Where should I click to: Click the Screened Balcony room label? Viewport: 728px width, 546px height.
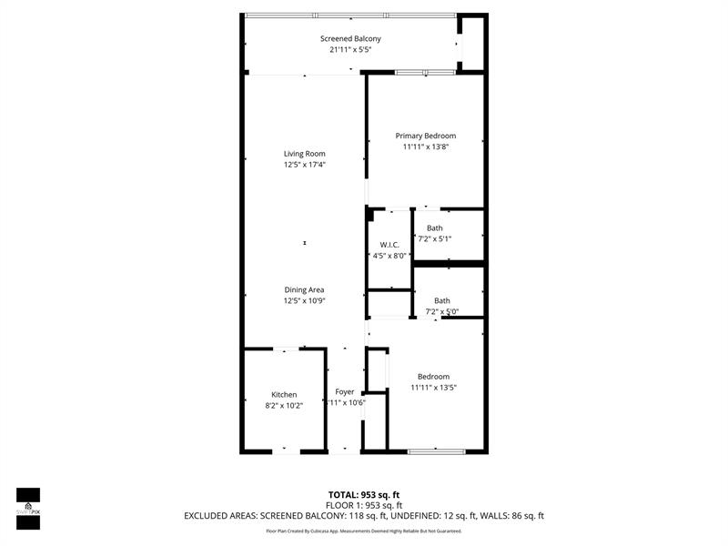[x=350, y=38]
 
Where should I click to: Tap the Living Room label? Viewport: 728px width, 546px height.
[x=304, y=154]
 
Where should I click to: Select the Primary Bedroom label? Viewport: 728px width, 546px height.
[x=426, y=136]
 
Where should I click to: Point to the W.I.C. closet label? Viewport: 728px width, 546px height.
[x=389, y=245]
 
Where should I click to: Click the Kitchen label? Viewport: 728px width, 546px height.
[x=284, y=395]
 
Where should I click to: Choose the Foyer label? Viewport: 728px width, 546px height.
[x=345, y=391]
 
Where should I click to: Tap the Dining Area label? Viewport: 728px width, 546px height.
[x=304, y=290]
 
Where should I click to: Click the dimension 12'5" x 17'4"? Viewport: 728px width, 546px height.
[x=304, y=165]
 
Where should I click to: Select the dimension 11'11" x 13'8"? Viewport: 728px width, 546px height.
[x=426, y=147]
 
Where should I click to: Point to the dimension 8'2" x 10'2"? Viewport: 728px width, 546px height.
[x=284, y=406]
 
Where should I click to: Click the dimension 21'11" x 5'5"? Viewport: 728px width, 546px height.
[x=350, y=50]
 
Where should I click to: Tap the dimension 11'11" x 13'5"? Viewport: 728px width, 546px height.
[x=433, y=388]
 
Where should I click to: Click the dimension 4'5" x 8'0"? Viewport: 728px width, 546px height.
[x=389, y=256]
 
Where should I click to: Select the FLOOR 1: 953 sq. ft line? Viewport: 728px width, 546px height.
[x=364, y=505]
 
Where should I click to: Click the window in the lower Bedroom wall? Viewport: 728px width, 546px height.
[x=436, y=450]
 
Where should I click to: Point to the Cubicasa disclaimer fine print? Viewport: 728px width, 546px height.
[x=364, y=531]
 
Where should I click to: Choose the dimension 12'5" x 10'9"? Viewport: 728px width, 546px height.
[x=304, y=301]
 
